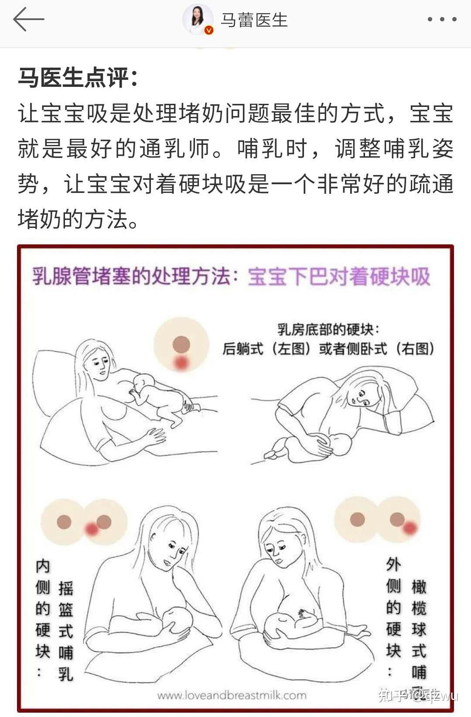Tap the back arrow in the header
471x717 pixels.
tap(29, 20)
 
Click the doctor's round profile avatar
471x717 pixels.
tap(198, 20)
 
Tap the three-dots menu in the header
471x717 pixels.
tap(442, 20)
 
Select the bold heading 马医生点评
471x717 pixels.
tap(78, 78)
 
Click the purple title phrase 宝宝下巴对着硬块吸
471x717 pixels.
tap(339, 277)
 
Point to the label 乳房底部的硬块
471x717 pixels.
tap(328, 329)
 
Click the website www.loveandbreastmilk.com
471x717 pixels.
tap(232, 695)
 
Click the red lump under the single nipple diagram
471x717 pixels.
tap(181, 363)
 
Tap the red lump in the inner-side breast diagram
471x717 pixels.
tap(92, 529)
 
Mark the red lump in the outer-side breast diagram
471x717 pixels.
tap(409, 528)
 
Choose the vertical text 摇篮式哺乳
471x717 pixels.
tap(66, 631)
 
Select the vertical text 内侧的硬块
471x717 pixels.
tap(43, 609)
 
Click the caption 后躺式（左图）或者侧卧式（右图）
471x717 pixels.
tap(328, 349)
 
